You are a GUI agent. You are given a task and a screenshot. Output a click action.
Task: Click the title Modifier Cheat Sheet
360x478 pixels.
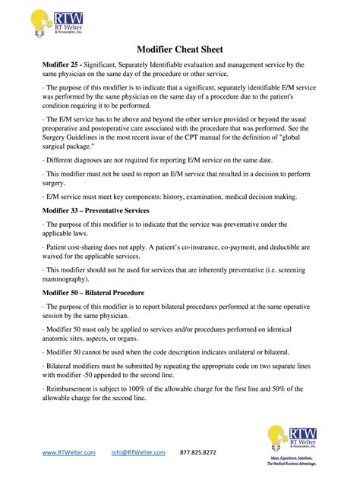pos(179,49)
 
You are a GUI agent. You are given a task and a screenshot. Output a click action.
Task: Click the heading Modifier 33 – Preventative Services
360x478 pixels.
pos(95,209)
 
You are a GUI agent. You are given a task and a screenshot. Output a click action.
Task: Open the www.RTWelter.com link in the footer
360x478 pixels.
pos(68,452)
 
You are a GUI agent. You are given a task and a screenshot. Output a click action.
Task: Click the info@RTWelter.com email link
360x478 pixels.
pos(138,452)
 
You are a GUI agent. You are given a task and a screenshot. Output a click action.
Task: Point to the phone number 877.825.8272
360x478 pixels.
pos(197,452)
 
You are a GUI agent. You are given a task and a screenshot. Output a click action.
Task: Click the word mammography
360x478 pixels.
pos(67,278)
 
